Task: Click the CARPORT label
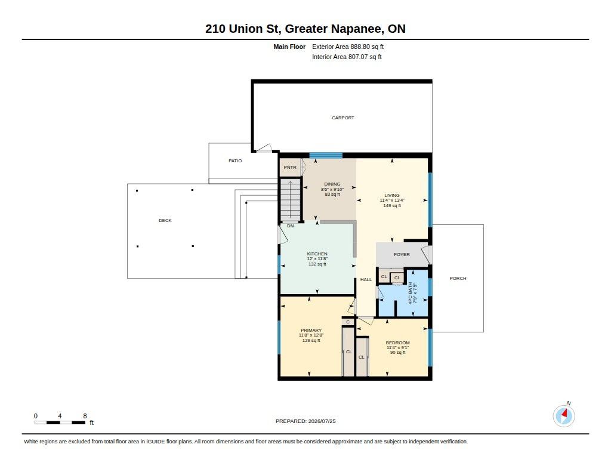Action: coord(343,118)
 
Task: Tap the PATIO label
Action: coord(235,161)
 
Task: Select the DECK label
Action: coord(165,220)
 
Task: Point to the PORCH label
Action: coord(458,278)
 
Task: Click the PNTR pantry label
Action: coord(290,167)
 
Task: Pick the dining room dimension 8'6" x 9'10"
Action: coord(332,189)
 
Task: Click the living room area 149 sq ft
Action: coord(392,205)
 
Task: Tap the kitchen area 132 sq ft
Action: coord(317,264)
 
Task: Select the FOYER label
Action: coord(402,255)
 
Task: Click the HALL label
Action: coord(366,279)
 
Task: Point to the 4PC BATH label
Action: coord(410,293)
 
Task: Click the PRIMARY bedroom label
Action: coord(311,330)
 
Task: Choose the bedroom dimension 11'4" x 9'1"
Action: coord(398,347)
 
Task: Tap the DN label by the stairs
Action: coord(291,226)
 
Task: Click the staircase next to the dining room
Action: coord(291,200)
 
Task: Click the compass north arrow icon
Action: coord(564,415)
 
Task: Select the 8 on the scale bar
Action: coord(85,416)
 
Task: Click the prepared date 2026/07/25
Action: coord(322,421)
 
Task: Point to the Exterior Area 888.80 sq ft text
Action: coord(348,47)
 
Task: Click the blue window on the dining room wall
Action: coord(326,155)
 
